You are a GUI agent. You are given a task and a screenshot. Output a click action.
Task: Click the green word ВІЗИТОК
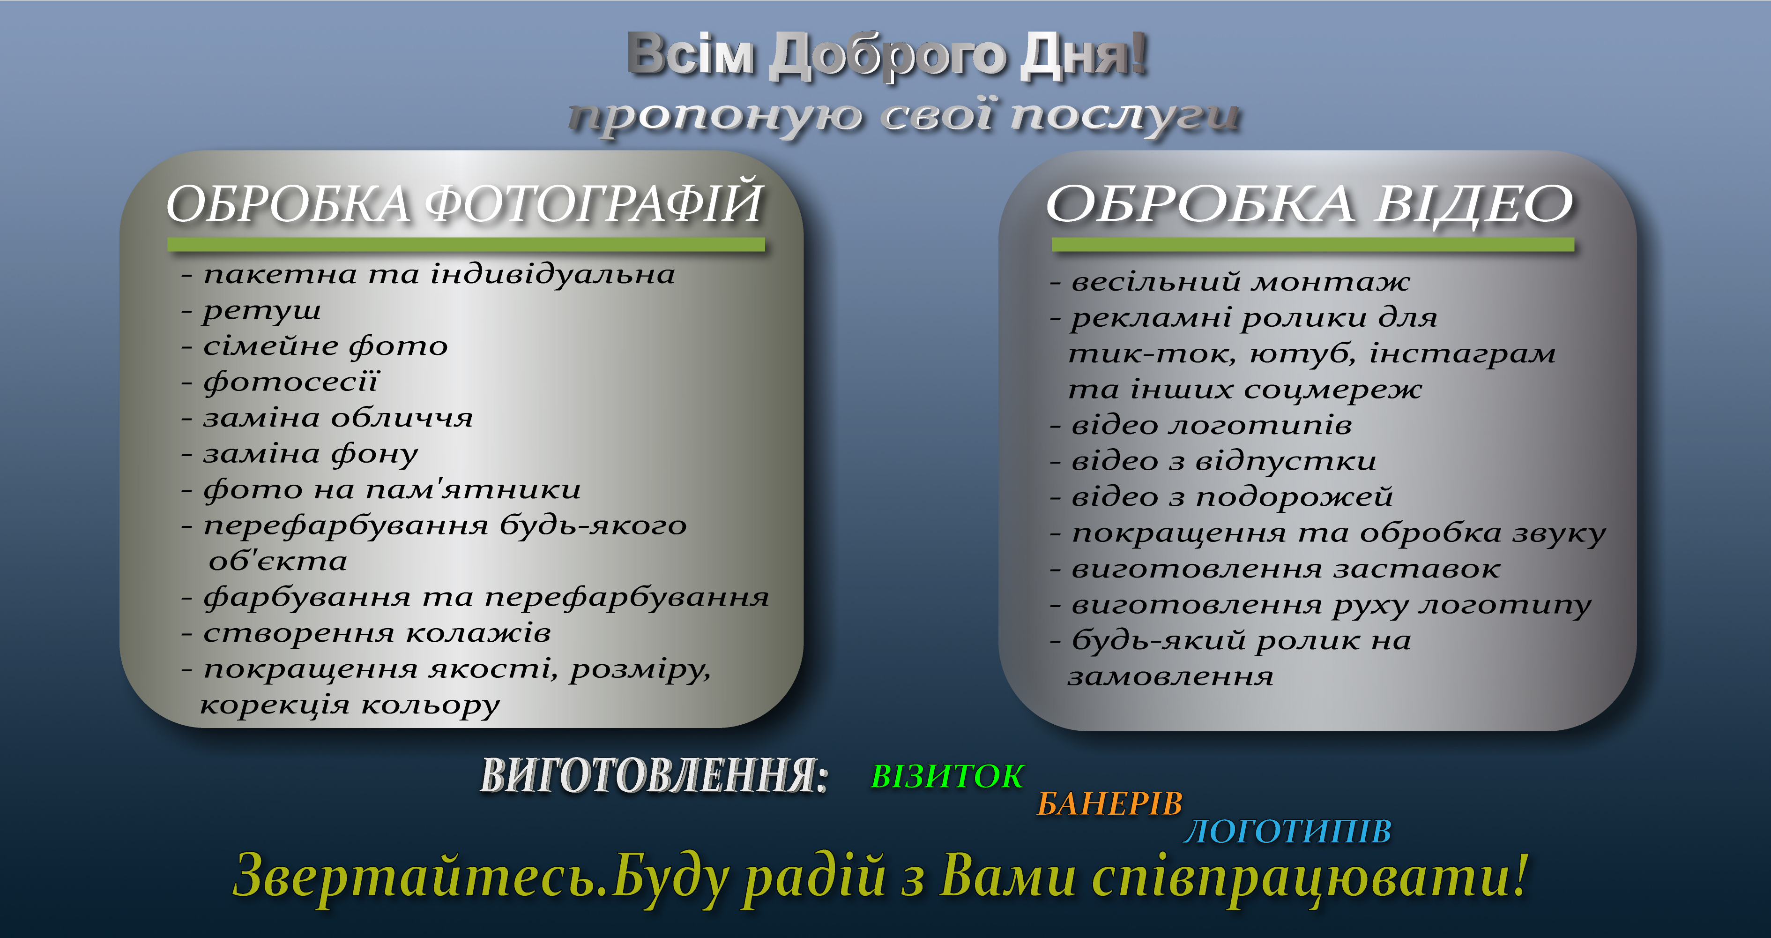[x=947, y=776]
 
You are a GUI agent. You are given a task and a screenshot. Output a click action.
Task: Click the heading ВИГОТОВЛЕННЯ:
[x=654, y=776]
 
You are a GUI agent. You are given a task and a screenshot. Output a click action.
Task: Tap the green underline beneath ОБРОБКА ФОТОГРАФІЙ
[x=466, y=244]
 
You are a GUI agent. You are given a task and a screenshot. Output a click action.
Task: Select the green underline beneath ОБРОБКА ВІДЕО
[x=1313, y=244]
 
